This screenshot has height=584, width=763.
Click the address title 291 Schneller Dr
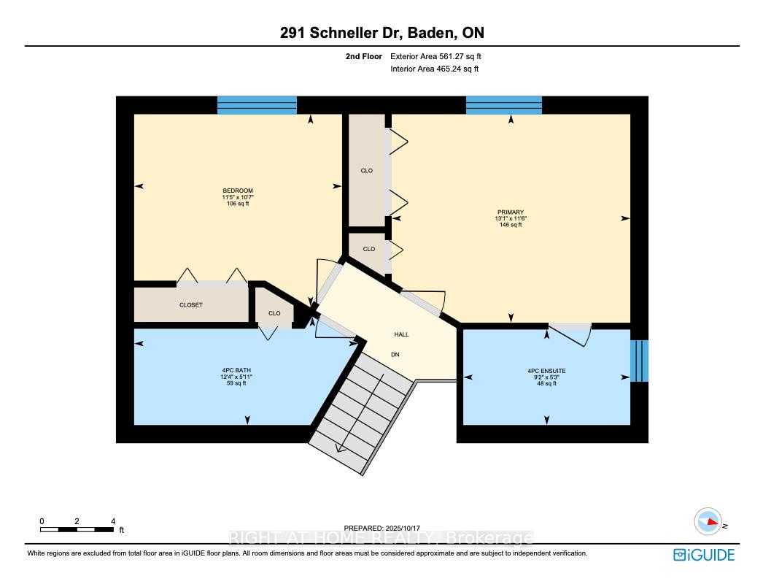(341, 33)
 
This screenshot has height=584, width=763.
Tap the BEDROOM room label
(238, 191)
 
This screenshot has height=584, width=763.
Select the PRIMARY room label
(511, 212)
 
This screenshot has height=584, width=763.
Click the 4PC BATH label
(236, 370)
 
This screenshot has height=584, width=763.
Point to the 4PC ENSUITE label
(546, 371)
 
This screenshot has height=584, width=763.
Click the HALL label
(401, 334)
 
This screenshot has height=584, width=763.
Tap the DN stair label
(395, 355)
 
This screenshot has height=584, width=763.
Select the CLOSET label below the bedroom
(191, 305)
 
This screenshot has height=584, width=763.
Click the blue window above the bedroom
(257, 105)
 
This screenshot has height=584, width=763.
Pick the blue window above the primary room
(504, 105)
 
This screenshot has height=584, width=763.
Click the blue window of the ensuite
(640, 361)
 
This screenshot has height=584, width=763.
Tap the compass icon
(708, 521)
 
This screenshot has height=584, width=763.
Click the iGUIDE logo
(704, 555)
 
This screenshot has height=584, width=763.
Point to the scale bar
(77, 529)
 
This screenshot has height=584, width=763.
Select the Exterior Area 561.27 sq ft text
(435, 56)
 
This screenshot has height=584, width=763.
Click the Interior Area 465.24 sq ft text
(434, 69)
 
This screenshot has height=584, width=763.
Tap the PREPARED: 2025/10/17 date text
(381, 528)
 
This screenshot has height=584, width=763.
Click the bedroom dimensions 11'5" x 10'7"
(238, 197)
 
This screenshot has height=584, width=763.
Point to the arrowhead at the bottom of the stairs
(341, 448)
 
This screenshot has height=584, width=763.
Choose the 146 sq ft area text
(511, 225)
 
